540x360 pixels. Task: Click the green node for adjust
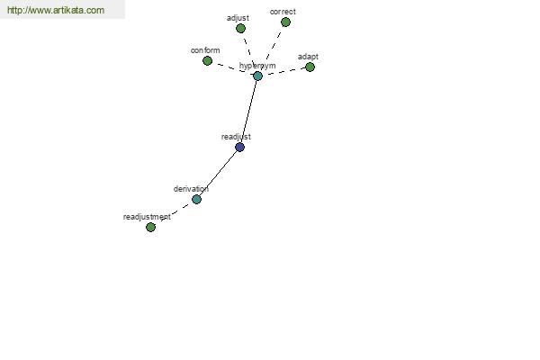240,28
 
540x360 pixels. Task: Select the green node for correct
285,22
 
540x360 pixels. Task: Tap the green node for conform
207,60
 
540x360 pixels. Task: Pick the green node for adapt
310,67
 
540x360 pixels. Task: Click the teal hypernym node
257,76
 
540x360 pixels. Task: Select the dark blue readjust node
239,147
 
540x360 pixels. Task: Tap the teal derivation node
196,199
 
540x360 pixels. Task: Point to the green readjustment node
150,227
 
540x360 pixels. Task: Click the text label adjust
238,18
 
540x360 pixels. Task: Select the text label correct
283,12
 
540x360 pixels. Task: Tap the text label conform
205,50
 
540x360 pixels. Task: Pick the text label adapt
308,57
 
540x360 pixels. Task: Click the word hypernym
257,66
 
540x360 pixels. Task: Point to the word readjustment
147,217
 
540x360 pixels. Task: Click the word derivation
191,189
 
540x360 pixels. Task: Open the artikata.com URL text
56,10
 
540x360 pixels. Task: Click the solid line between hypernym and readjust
248,112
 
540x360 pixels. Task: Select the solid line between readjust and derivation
218,174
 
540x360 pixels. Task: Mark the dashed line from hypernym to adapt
283,71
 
